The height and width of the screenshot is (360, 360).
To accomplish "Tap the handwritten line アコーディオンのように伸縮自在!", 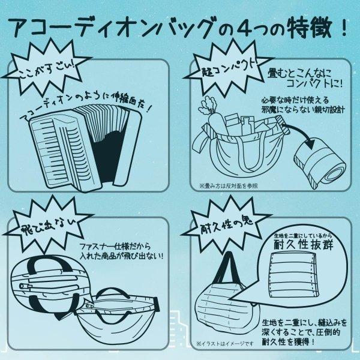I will [x=88, y=108].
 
